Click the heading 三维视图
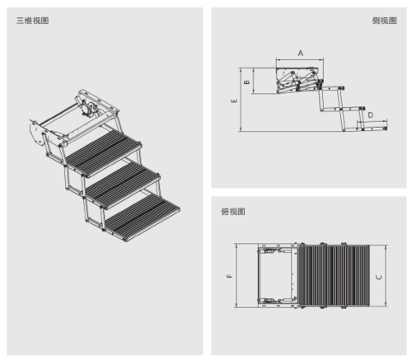tap(33, 21)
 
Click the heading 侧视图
tap(385, 21)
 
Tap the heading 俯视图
tap(233, 212)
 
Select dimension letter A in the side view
tap(301, 53)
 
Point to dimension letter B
tap(247, 82)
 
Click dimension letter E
tap(234, 101)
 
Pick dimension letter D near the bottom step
tap(371, 115)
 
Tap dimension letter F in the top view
tap(230, 276)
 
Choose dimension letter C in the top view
tap(378, 277)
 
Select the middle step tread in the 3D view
tap(123, 185)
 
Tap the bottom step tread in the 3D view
tap(143, 217)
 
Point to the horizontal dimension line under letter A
tap(300, 59)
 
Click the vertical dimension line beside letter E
tap(241, 100)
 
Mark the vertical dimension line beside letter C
tap(386, 276)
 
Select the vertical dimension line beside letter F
tap(236, 275)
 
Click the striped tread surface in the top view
tap(334, 276)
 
